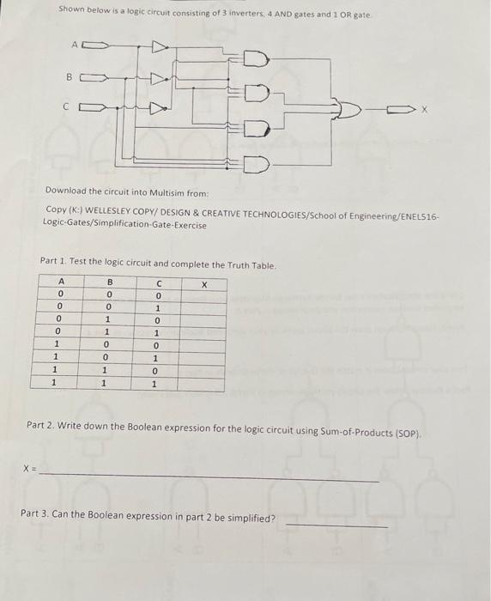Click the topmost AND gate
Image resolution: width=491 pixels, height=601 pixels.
pos(257,58)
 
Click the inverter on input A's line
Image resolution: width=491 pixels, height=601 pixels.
pos(161,46)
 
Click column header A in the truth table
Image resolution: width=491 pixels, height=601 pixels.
pos(59,282)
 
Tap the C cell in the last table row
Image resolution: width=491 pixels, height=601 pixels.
pos(156,384)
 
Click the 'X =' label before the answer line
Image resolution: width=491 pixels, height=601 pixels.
pos(30,469)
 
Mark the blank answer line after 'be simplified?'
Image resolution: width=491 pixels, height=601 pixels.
pos(336,525)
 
